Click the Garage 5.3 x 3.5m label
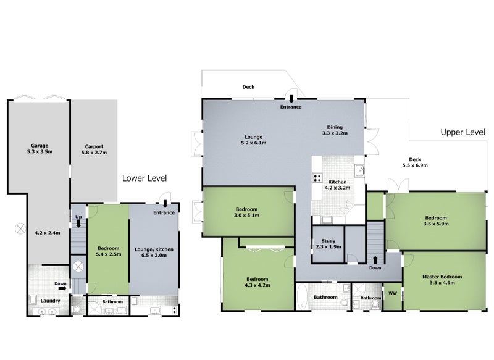(x=40, y=149)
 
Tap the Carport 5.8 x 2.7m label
(x=94, y=149)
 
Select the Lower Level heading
(x=144, y=178)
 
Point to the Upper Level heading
(x=463, y=132)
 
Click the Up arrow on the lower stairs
(x=78, y=224)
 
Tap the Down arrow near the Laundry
(x=62, y=288)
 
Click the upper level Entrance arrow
(x=291, y=99)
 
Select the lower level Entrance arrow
(x=165, y=203)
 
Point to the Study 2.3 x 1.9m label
(x=329, y=244)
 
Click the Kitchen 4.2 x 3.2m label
(x=337, y=185)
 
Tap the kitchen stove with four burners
(x=317, y=178)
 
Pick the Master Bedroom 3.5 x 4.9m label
(x=442, y=280)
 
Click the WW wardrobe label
(x=393, y=293)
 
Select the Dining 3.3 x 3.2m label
(x=335, y=130)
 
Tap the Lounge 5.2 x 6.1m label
(x=253, y=140)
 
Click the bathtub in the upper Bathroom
(x=302, y=296)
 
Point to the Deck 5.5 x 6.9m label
(x=415, y=162)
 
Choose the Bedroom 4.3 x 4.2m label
(x=257, y=282)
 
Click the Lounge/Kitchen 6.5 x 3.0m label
(x=154, y=253)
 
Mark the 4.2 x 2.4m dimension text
(x=48, y=233)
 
